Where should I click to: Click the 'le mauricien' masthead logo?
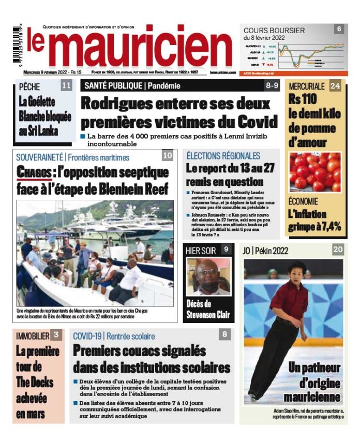click(129, 48)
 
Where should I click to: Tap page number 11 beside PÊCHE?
click(66, 86)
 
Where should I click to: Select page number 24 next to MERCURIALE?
click(335, 86)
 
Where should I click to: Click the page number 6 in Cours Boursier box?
click(339, 29)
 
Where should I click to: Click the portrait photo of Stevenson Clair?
click(208, 276)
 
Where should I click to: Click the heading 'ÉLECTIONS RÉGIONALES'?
click(223, 155)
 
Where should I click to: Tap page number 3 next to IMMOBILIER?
click(56, 335)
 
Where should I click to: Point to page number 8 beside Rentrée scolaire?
click(224, 335)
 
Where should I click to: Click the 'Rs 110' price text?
click(303, 98)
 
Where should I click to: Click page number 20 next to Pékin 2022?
click(338, 250)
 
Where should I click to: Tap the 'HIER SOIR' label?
click(201, 251)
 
